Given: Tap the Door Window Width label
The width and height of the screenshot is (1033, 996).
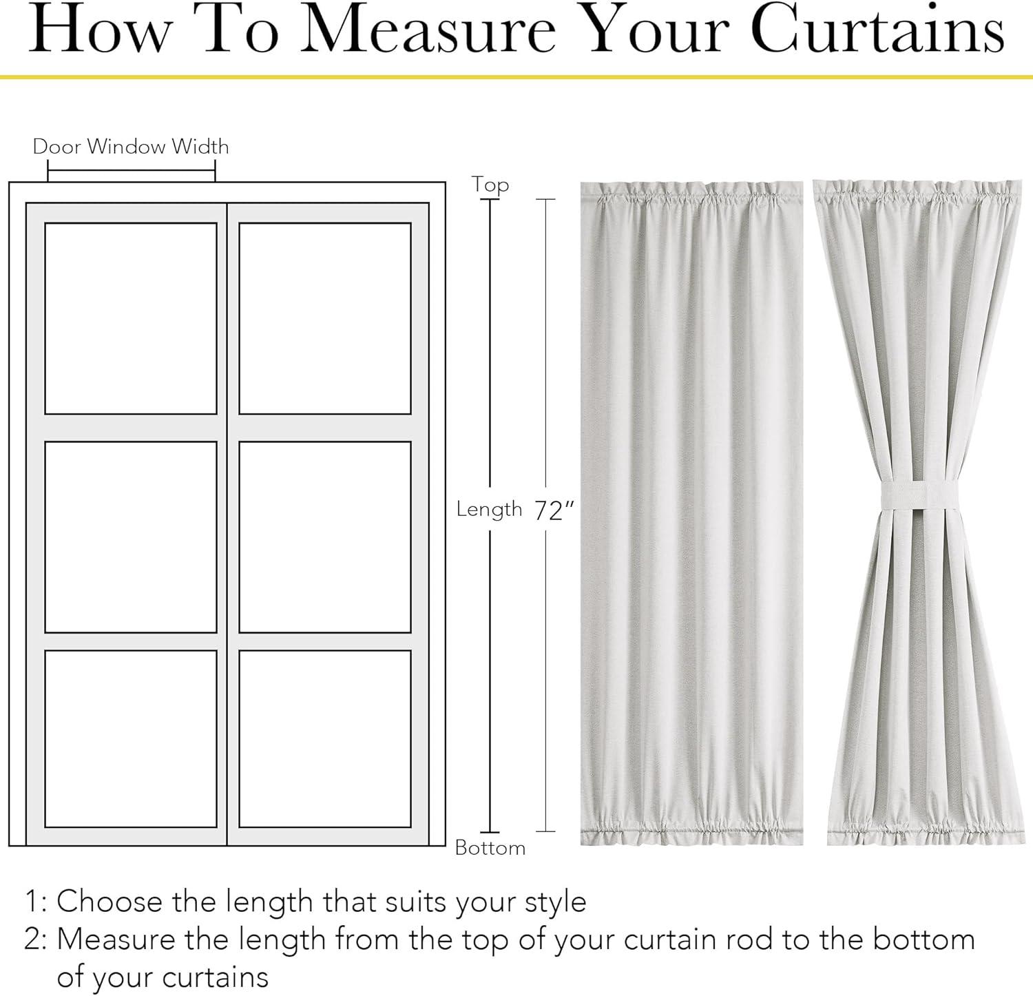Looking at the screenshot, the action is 131,147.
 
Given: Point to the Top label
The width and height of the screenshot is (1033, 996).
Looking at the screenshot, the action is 490,185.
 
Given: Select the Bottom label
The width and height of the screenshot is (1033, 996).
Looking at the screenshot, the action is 490,847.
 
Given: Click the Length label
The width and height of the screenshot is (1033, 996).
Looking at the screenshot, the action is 490,510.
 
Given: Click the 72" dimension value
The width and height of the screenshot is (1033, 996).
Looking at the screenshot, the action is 554,510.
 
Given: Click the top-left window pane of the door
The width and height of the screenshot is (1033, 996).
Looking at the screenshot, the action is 131,318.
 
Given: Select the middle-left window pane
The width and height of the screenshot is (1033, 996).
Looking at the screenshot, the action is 131,537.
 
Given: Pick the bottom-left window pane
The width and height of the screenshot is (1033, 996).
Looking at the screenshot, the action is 131,738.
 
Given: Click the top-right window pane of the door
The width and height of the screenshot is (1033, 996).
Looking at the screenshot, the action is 325,318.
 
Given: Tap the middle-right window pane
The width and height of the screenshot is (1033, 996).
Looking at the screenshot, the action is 325,537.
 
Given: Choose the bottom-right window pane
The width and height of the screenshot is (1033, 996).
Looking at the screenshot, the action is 325,738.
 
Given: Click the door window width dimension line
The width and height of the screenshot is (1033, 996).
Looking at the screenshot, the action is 132,171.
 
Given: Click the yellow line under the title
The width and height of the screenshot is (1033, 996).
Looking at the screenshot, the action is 516,76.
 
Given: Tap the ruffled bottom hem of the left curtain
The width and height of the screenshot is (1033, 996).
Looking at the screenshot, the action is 691,832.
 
